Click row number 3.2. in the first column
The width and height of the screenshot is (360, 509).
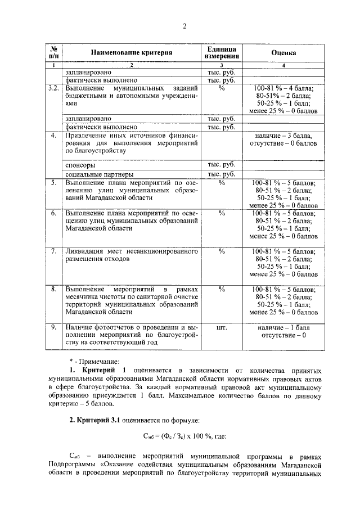click(53, 89)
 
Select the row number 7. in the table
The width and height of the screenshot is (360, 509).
click(53, 251)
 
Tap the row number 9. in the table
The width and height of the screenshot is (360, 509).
click(53, 326)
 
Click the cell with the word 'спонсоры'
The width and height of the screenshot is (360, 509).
click(79, 166)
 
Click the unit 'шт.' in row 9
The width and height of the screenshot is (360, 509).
click(222, 326)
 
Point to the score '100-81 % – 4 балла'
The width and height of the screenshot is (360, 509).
click(283, 89)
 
